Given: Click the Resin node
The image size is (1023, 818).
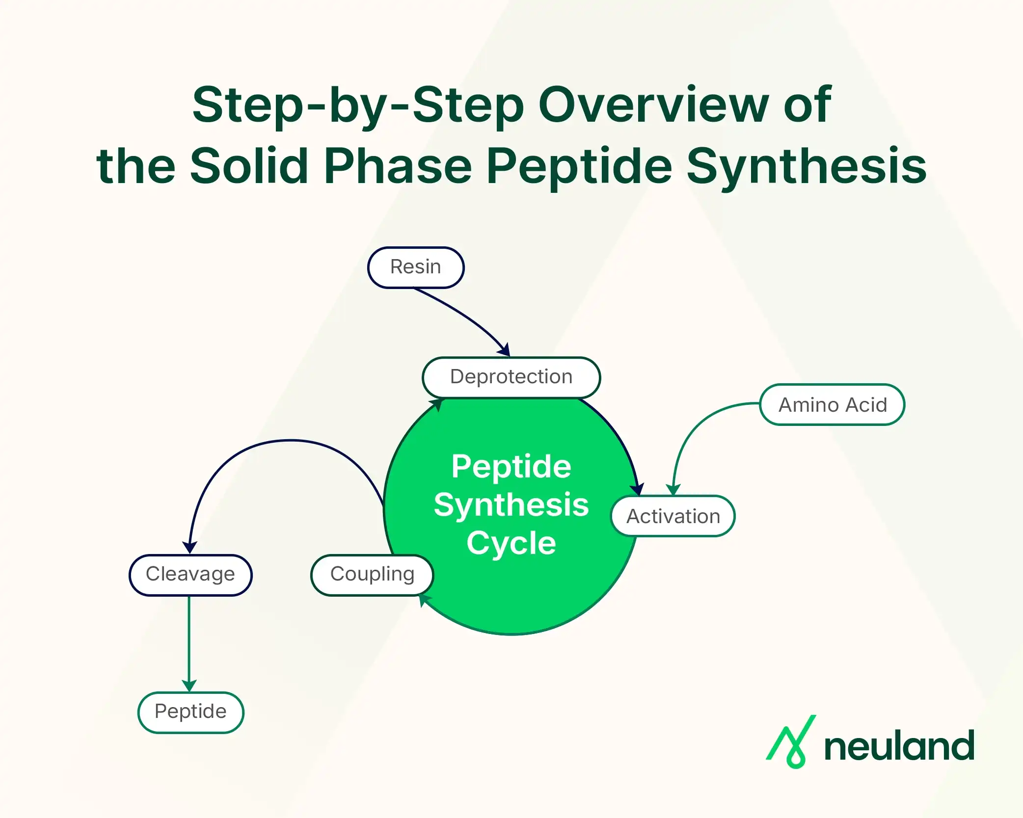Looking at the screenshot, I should [416, 267].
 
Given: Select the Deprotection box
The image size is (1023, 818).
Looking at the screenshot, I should [511, 377].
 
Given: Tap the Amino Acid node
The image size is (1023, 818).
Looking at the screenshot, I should [832, 405].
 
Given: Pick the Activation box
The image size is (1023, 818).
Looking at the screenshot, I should [673, 516].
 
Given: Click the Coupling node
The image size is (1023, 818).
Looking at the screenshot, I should [372, 575].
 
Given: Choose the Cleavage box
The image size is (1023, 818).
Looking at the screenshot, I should [190, 575].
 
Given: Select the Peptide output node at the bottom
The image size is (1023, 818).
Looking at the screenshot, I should [190, 712].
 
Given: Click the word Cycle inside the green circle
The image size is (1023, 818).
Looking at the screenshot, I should [511, 543].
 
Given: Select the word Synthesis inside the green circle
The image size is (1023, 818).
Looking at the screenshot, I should [511, 505].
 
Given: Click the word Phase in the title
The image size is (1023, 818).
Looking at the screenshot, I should [398, 167].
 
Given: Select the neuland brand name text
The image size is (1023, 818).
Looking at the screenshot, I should [899, 746].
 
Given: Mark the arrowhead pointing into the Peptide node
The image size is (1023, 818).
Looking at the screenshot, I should [189, 686].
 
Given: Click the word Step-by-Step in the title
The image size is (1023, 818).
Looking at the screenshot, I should [358, 106].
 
